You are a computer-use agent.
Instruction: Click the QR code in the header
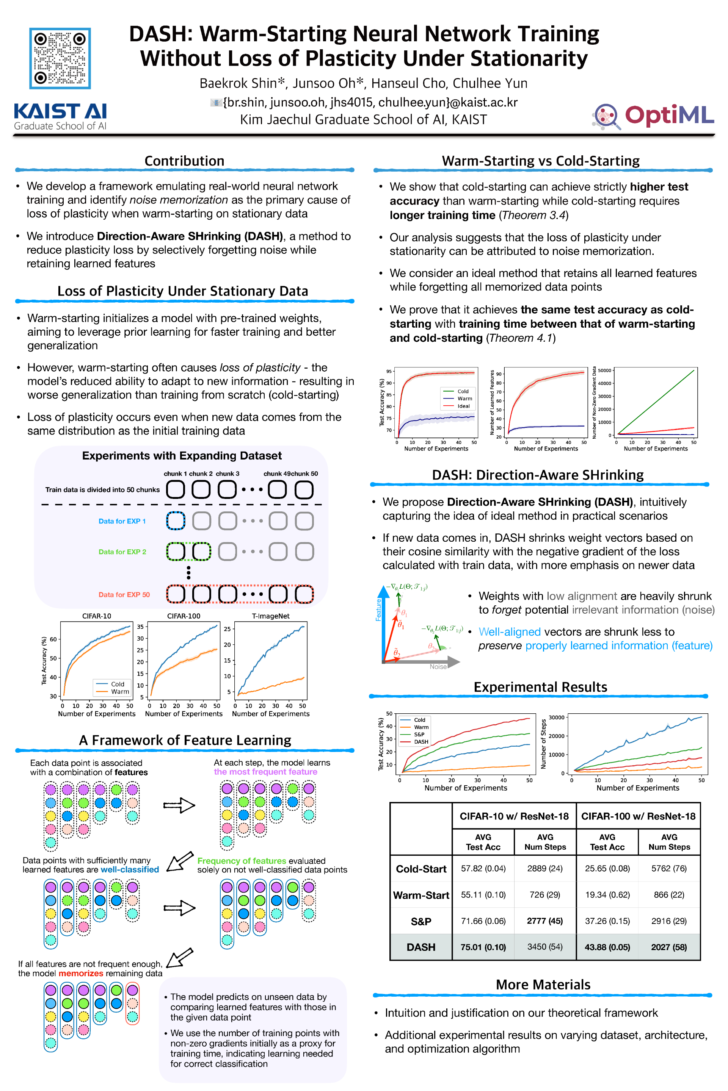click(x=60, y=58)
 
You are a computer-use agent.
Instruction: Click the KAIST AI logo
click(x=60, y=116)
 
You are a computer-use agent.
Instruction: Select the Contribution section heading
click(x=184, y=161)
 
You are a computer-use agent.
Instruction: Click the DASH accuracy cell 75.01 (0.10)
click(x=483, y=947)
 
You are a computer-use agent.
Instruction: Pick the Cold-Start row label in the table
click(x=420, y=869)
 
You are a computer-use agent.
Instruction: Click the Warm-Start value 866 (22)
click(x=668, y=895)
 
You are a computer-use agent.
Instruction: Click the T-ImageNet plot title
click(x=271, y=616)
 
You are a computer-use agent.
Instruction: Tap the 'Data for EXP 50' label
click(x=124, y=595)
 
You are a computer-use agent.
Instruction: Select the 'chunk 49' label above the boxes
click(x=277, y=474)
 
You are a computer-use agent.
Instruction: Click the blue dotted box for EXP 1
click(x=176, y=521)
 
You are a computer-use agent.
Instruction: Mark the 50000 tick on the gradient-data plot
click(x=604, y=370)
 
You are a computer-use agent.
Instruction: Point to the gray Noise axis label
click(x=438, y=667)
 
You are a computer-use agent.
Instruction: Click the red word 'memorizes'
click(x=81, y=973)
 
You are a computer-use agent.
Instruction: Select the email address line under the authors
click(x=370, y=102)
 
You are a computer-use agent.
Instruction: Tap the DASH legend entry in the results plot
click(x=420, y=742)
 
